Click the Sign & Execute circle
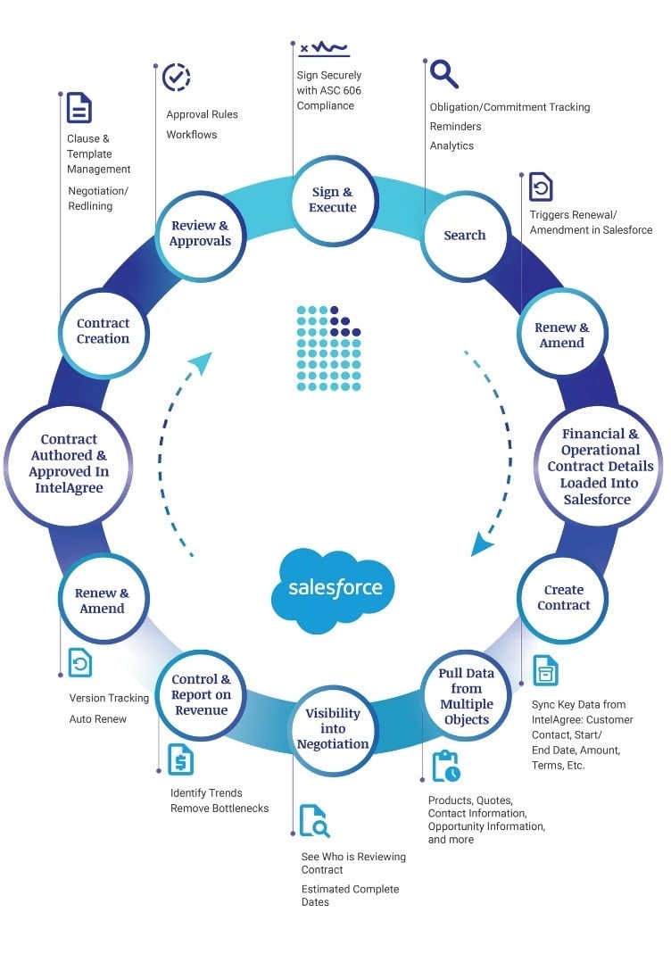coord(332,200)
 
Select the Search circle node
coord(464,236)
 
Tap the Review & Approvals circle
coord(200,234)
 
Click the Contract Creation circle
coord(103,331)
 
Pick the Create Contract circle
coord(563,598)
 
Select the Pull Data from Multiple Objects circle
coord(466,697)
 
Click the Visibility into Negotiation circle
coord(332,729)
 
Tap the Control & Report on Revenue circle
coord(201,695)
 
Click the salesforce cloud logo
coord(335,590)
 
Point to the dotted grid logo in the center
coord(328,349)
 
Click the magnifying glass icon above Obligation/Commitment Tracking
coord(443,72)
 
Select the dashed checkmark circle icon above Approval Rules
coord(176,77)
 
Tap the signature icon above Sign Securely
coord(323,48)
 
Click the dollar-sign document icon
coord(180,759)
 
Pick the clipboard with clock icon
coord(445,766)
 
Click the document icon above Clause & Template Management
coord(79,108)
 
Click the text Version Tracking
coord(109,698)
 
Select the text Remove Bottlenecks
coord(220,809)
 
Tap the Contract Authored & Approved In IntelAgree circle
coord(69,464)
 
